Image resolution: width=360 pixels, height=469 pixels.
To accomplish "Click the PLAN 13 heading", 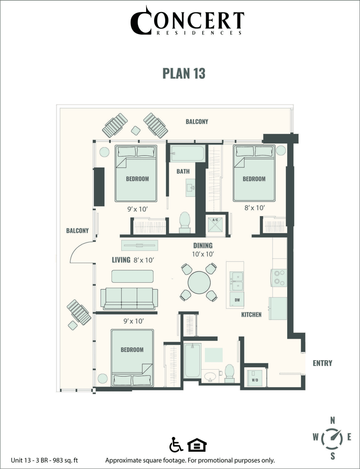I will click(184, 73).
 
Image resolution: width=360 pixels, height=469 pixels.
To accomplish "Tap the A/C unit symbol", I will click(215, 225).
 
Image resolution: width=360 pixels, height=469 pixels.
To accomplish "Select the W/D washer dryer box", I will click(255, 377).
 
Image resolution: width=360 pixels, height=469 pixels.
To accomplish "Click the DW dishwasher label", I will click(237, 300).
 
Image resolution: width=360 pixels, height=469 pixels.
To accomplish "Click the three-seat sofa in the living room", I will click(129, 298).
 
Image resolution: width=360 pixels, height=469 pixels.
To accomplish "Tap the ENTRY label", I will click(322, 363).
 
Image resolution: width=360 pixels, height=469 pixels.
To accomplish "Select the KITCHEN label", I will click(251, 314).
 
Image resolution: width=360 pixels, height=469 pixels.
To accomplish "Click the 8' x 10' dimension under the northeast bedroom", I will click(255, 208).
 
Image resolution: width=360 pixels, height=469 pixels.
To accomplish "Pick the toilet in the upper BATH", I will click(185, 222).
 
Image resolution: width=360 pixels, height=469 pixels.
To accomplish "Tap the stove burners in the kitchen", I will click(279, 277).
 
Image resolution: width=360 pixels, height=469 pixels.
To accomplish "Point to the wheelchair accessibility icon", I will click(175, 445).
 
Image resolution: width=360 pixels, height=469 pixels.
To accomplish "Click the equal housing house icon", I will click(197, 445).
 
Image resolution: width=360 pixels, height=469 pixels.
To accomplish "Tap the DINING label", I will click(203, 245).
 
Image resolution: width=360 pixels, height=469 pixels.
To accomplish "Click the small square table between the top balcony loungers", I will click(136, 130).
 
